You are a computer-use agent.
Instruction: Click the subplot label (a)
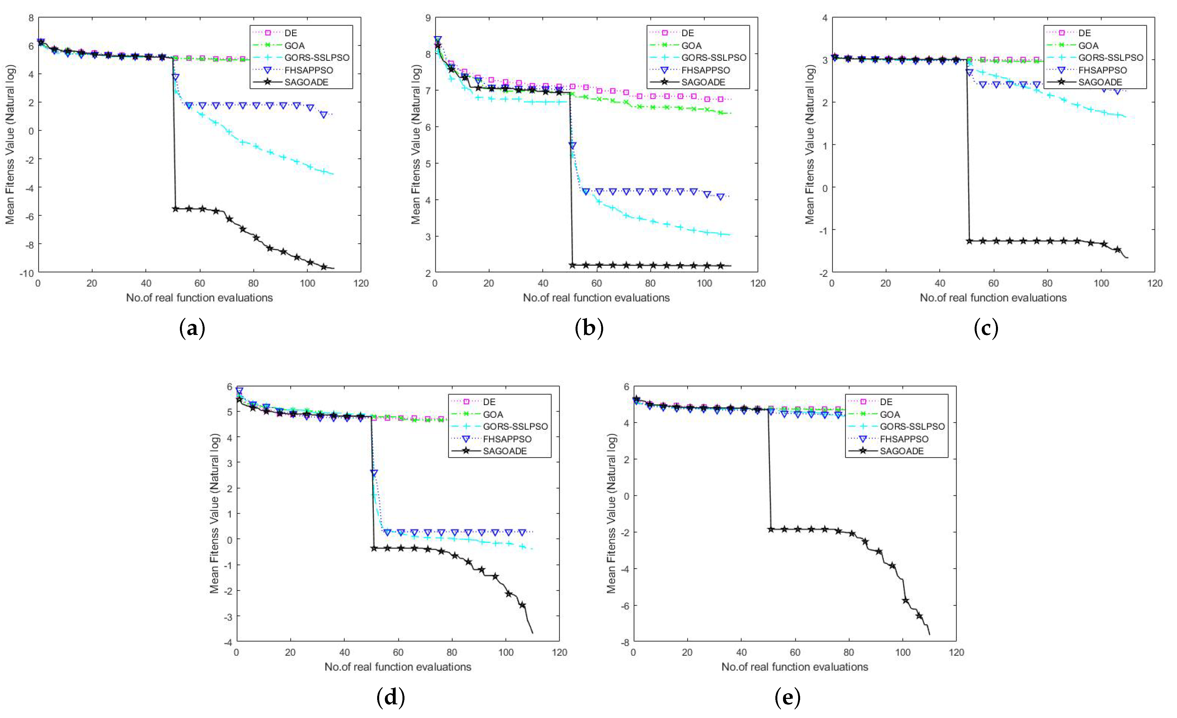[x=192, y=329]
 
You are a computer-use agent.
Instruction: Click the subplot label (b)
[x=589, y=329]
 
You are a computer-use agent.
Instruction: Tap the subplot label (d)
[x=391, y=698]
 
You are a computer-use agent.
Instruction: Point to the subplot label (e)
[x=787, y=698]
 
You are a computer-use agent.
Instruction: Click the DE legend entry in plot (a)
[x=290, y=33]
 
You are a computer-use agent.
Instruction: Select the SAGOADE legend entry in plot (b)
[x=703, y=82]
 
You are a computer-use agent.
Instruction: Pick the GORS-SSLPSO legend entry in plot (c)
[x=1111, y=58]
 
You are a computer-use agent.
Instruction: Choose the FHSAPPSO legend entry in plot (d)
[x=507, y=439]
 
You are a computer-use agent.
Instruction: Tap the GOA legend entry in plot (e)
[x=890, y=414]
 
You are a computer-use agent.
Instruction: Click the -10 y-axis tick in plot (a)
[x=26, y=273]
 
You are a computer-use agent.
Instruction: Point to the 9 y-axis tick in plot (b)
[x=428, y=18]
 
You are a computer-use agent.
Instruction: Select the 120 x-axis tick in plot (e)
[x=956, y=652]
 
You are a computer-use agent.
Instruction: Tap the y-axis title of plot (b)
[x=416, y=145]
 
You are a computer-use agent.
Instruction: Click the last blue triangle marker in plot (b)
[x=721, y=197]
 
